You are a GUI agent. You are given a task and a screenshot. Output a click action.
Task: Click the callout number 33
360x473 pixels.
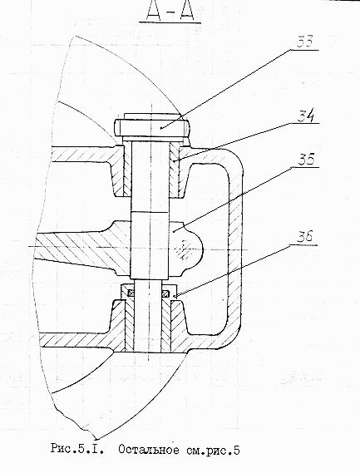coord(305,42)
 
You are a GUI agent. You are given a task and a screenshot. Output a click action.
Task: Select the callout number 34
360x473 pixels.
coord(306,116)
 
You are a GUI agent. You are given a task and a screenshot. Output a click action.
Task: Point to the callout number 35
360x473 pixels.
coord(307,160)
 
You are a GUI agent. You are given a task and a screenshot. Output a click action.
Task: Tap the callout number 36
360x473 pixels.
coord(305,237)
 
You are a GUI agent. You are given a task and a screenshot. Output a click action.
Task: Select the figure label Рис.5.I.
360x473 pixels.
coord(77,450)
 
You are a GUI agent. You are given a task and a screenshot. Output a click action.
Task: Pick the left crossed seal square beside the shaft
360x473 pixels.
coord(131,293)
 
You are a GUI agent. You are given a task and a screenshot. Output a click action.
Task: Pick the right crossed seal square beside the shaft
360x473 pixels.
coord(165,293)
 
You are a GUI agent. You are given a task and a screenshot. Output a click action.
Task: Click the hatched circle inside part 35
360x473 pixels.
coord(184,249)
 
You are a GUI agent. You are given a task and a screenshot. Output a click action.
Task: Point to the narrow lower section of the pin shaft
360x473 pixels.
coord(148,315)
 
